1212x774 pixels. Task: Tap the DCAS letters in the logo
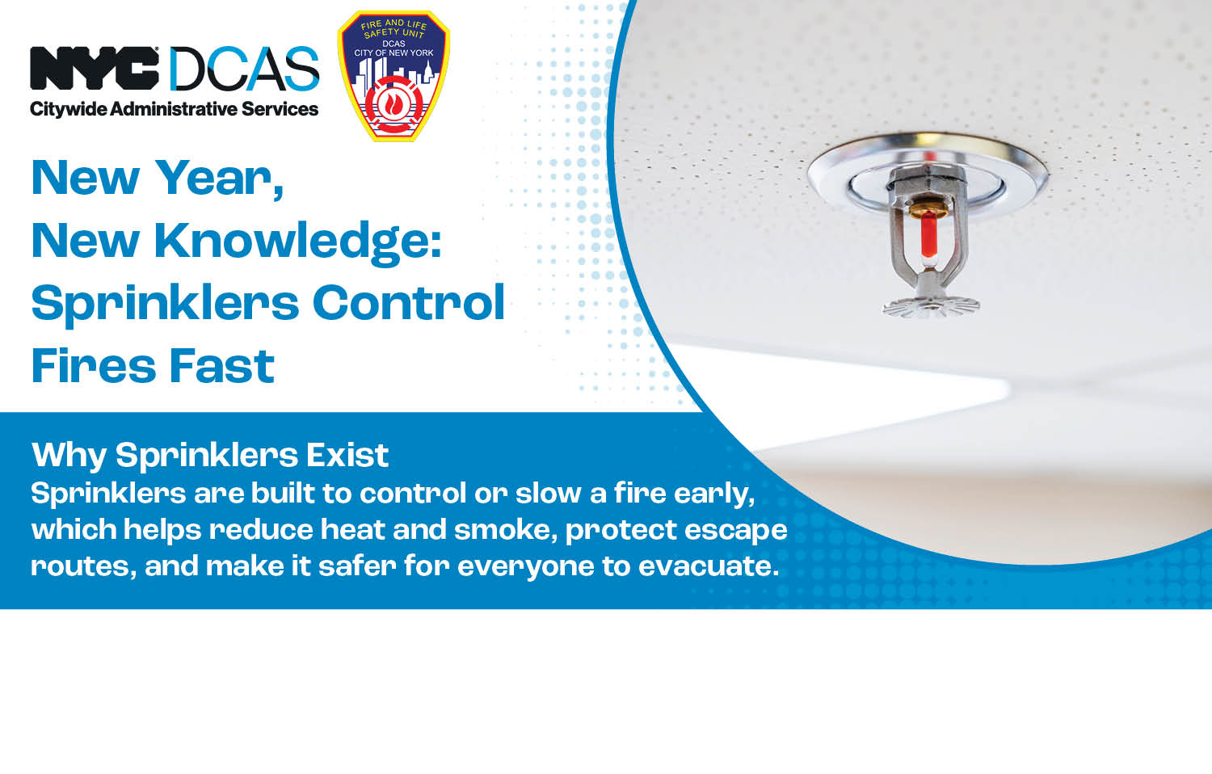[244, 69]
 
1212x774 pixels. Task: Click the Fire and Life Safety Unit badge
[393, 76]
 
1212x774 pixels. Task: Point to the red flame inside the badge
[393, 102]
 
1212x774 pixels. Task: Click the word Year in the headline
[218, 179]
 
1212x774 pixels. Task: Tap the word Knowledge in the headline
[297, 241]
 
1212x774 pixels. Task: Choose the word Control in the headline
[409, 303]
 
